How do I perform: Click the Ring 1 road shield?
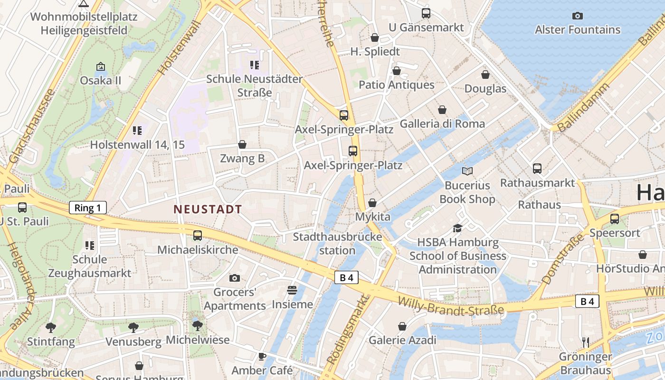[88, 208]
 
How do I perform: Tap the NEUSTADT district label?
[208, 209]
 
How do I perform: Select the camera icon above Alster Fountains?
[578, 16]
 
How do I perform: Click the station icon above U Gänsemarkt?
[426, 13]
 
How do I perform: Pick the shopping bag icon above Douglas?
[485, 75]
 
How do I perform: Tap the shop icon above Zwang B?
[242, 144]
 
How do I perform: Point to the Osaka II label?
[100, 80]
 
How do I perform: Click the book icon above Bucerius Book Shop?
[467, 171]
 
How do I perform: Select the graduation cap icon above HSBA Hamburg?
[457, 228]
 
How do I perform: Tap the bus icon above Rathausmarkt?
[537, 168]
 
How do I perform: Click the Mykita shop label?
[373, 217]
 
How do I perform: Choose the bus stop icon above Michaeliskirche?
[198, 235]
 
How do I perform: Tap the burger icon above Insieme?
[292, 290]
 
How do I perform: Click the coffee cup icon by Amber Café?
[262, 356]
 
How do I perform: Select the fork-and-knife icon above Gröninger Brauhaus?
[586, 342]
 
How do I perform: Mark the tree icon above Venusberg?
[133, 327]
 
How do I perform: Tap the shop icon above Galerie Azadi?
[402, 326]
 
